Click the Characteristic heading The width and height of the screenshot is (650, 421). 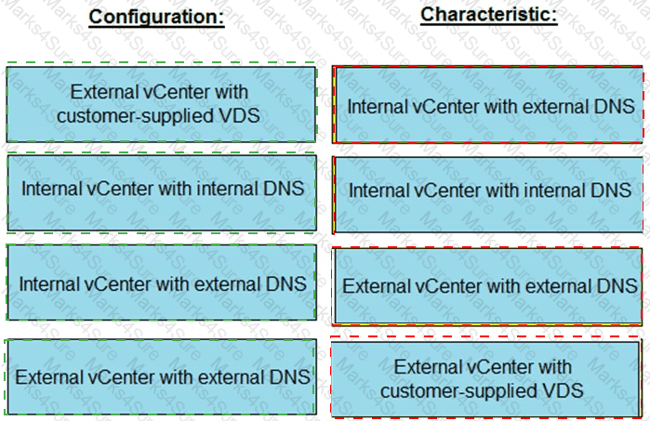pos(488,15)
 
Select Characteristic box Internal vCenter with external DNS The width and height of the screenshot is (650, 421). pos(489,106)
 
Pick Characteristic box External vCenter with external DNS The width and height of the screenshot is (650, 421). pos(489,285)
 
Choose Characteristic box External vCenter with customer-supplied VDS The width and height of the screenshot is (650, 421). pos(489,379)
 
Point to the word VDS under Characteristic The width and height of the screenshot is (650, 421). pos(566,391)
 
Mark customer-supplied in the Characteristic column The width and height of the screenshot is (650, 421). pos(462,391)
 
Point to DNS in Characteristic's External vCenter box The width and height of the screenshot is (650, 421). pos(617,285)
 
